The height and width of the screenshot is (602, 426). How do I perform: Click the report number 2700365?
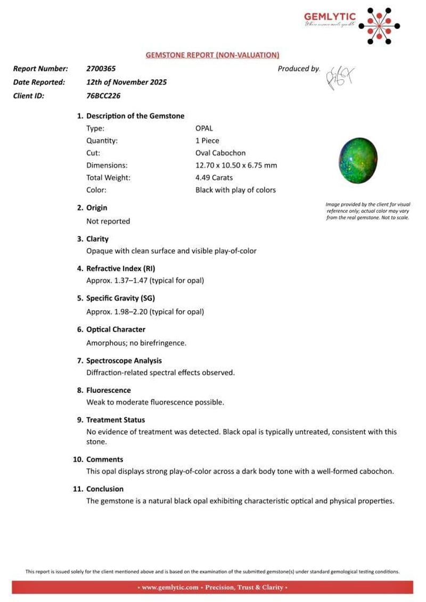tap(101, 69)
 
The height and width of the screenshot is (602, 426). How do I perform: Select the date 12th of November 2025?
tap(127, 83)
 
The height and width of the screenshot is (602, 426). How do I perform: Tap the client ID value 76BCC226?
tap(103, 96)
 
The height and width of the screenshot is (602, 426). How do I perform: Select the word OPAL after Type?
tap(204, 128)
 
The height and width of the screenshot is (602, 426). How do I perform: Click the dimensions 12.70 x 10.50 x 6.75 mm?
tap(236, 166)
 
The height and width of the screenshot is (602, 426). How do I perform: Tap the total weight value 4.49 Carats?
tap(217, 178)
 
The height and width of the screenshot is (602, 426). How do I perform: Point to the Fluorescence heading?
tap(109, 390)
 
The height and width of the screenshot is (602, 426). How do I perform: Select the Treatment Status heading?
tap(116, 420)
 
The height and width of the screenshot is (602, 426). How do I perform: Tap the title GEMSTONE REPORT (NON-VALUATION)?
tap(212, 55)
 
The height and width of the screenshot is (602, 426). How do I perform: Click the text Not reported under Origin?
tap(108, 221)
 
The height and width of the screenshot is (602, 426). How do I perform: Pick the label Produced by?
tap(298, 69)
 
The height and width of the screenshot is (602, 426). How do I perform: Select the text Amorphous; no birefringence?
tap(136, 343)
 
